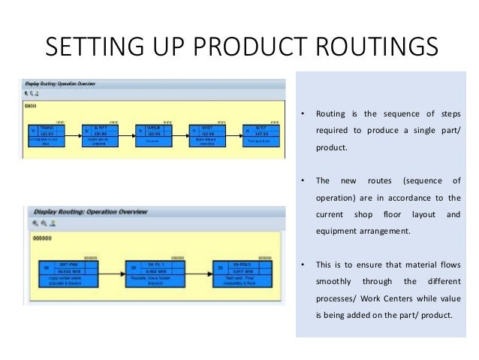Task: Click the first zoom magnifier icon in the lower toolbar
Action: click(35, 224)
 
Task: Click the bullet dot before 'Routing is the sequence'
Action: click(302, 115)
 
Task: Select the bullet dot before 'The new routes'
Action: click(302, 181)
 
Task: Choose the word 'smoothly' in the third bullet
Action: click(336, 281)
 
